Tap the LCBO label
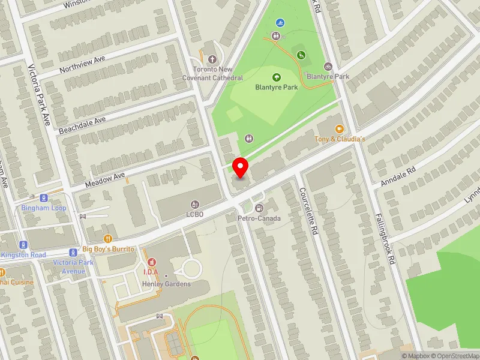tap(196, 214)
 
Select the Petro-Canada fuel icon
tap(259, 208)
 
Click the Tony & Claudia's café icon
tap(339, 128)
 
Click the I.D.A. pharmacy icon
tap(151, 262)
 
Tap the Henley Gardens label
tap(171, 284)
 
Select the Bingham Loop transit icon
tap(44, 198)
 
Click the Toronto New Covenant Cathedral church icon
tap(212, 59)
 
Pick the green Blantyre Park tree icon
tap(277, 77)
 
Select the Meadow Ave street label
tap(104, 179)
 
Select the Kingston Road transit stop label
tap(23, 255)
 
